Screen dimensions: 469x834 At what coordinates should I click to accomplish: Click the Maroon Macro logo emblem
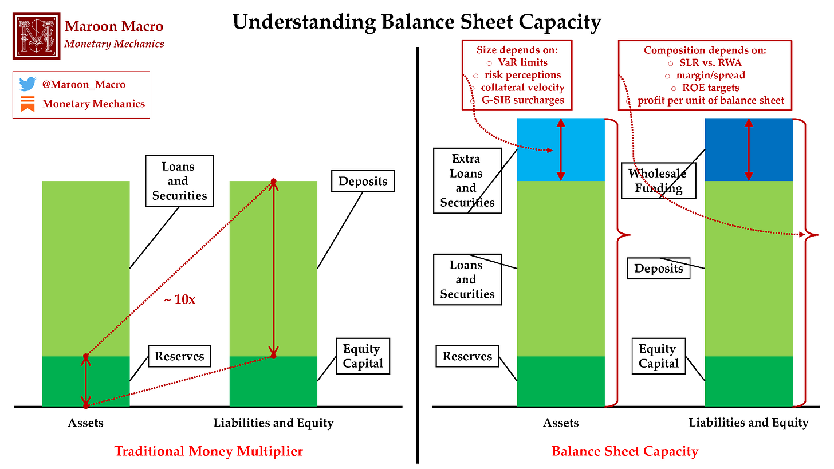click(36, 36)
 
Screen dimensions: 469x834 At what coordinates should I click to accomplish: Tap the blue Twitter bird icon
click(27, 84)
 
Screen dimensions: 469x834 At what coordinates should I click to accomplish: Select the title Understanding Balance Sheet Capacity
click(416, 22)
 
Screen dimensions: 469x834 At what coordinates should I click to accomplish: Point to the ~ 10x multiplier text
click(180, 299)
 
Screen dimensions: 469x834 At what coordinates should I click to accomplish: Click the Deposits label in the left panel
click(363, 182)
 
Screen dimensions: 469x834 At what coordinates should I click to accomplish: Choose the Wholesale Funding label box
click(657, 180)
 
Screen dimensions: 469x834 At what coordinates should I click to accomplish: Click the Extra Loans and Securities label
click(466, 180)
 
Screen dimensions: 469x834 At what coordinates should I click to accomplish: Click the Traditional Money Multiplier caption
click(208, 451)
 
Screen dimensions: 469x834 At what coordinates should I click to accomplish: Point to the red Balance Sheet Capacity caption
click(625, 451)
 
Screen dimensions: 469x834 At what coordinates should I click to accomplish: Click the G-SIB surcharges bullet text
click(522, 100)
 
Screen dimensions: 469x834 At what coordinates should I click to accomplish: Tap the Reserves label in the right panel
click(467, 356)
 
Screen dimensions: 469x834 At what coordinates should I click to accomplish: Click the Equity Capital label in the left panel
click(363, 356)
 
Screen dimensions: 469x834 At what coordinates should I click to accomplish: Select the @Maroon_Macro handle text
click(84, 85)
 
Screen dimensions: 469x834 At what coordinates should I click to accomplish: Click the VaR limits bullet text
click(522, 62)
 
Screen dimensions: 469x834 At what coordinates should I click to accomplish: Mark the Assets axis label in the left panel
click(85, 423)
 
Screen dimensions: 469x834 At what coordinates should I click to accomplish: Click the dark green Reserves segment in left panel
click(63, 381)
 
